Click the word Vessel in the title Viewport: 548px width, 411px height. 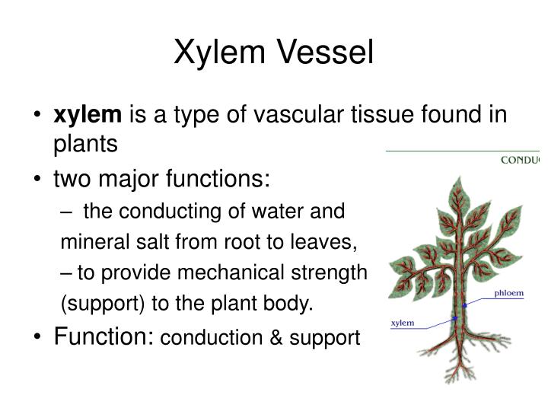[327, 53]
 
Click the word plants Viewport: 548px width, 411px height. [86, 144]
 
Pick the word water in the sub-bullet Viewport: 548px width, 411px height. [296, 212]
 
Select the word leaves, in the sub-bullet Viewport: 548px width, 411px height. [330, 243]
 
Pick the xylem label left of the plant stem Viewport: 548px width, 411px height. [402, 323]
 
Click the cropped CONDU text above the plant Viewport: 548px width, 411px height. [520, 161]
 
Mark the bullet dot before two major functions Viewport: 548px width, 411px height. [38, 181]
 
